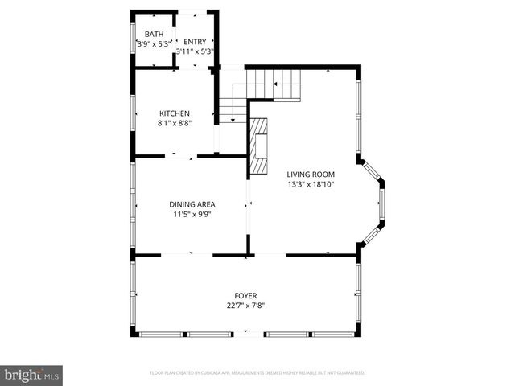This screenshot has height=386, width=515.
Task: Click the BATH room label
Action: click(x=154, y=34)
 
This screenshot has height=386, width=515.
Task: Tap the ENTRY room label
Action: click(x=195, y=42)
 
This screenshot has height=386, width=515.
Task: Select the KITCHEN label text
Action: click(x=174, y=113)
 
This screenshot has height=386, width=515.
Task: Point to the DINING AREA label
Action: click(x=192, y=204)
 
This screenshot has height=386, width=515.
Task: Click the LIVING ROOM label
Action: click(x=311, y=174)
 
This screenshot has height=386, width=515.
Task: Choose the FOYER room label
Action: click(x=245, y=295)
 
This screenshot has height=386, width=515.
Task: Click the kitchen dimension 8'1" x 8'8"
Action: click(x=174, y=124)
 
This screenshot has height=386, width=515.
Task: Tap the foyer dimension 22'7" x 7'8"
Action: click(x=245, y=306)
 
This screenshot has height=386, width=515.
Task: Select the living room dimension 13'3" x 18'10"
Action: click(x=311, y=184)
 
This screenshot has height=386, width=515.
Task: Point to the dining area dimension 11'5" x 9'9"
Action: click(x=192, y=215)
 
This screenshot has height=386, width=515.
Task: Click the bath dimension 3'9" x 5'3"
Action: click(x=153, y=44)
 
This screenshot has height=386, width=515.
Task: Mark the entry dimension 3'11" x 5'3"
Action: click(x=195, y=51)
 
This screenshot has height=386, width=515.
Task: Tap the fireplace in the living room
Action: click(x=257, y=146)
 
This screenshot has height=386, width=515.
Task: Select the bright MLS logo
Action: click(x=31, y=375)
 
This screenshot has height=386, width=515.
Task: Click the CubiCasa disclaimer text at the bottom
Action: click(x=257, y=373)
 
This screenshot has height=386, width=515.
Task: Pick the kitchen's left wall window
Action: click(x=133, y=113)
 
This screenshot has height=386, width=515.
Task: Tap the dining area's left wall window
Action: click(x=133, y=205)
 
